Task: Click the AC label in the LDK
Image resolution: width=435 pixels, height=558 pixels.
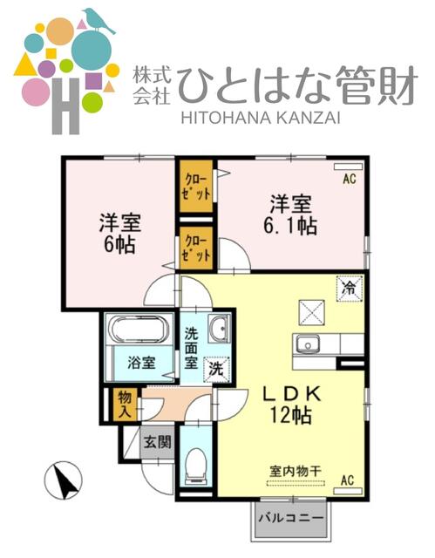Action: click(x=347, y=479)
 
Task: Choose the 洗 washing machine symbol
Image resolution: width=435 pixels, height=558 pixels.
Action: click(x=215, y=369)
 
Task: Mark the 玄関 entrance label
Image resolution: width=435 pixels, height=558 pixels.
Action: click(x=157, y=442)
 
